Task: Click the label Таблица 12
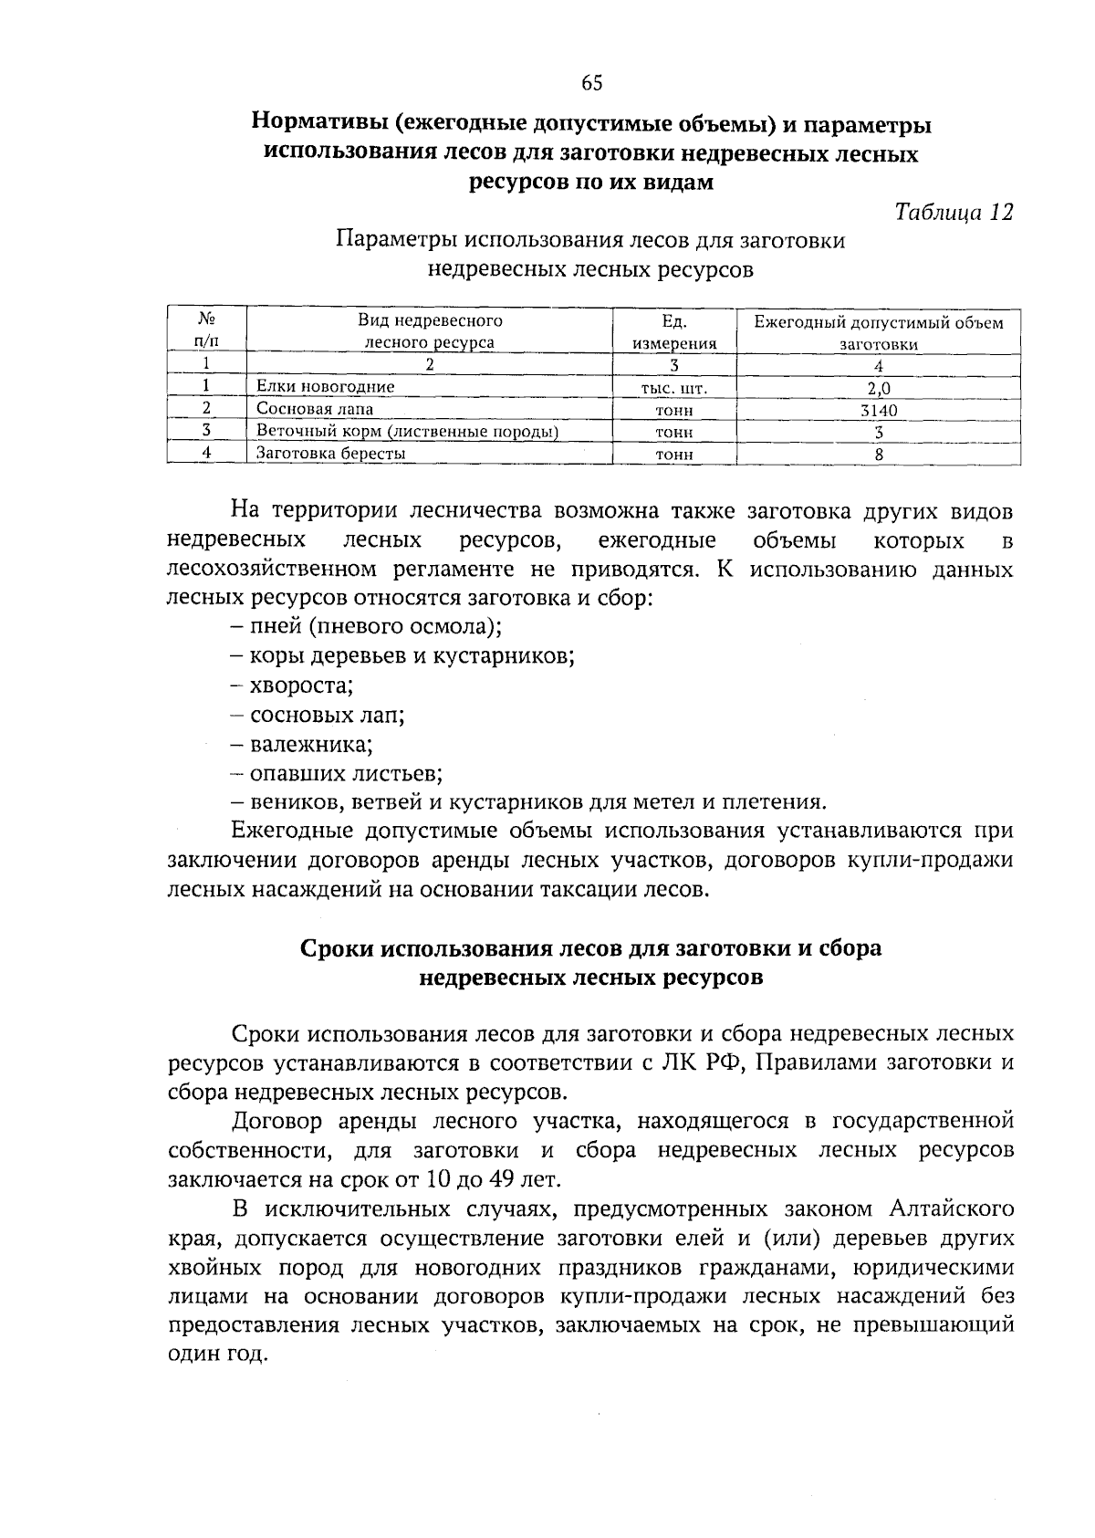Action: pyautogui.click(x=954, y=212)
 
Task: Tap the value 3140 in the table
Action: pyautogui.click(x=878, y=410)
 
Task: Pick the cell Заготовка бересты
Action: pyautogui.click(x=330, y=453)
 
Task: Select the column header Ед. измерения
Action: pyautogui.click(x=673, y=332)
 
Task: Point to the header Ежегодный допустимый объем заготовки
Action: pyautogui.click(x=878, y=332)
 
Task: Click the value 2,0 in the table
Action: pyautogui.click(x=878, y=388)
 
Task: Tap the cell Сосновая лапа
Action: pyautogui.click(x=315, y=409)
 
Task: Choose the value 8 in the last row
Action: pyautogui.click(x=878, y=454)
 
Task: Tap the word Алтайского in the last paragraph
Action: pyautogui.click(x=950, y=1209)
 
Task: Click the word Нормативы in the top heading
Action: pyautogui.click(x=323, y=122)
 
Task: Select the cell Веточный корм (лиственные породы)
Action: pyautogui.click(x=407, y=432)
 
